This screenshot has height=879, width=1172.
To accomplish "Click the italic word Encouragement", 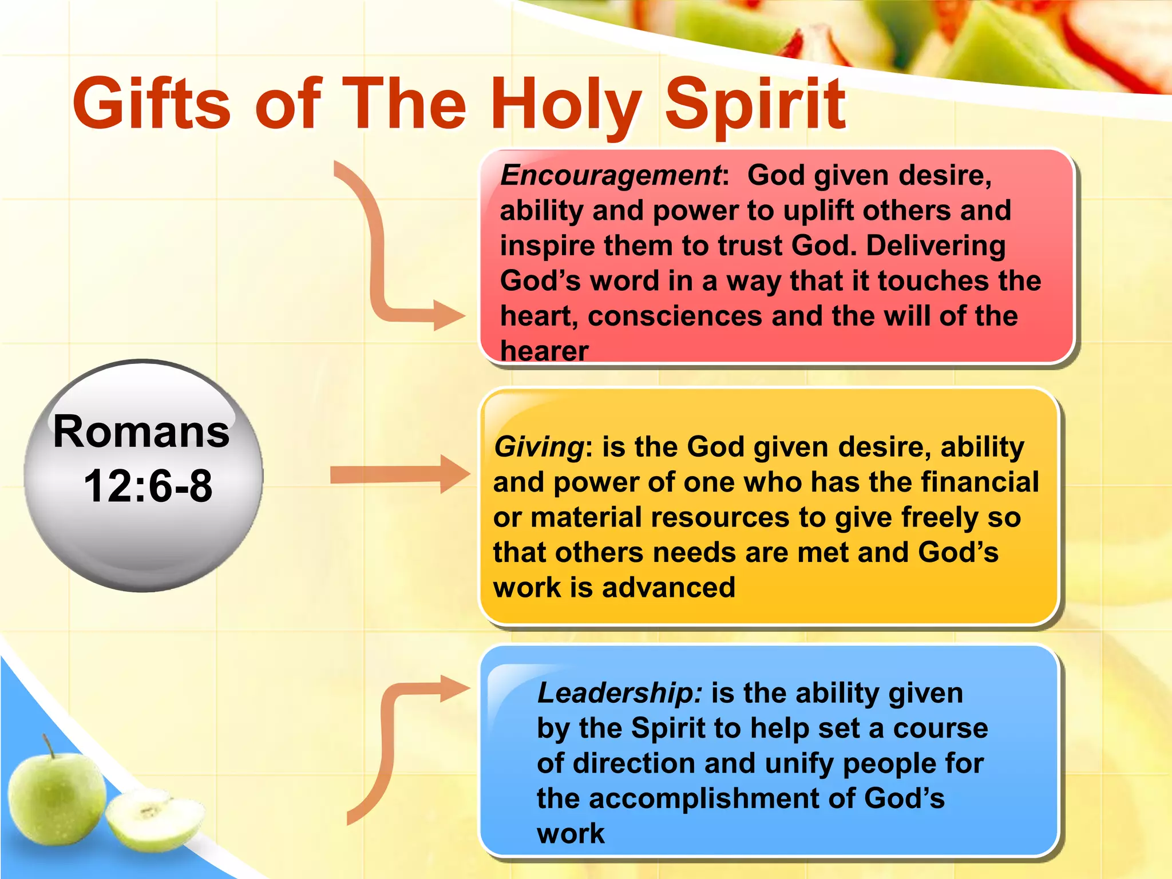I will point(610,175).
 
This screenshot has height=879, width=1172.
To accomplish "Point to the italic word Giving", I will point(539,447).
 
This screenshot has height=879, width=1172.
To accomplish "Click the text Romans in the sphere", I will point(141,431).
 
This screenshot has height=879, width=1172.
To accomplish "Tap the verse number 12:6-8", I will point(148,486).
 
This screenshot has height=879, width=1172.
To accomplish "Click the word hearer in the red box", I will point(544,351).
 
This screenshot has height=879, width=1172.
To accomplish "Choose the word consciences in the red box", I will point(675,316).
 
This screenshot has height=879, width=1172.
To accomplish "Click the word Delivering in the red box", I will point(935,246).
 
